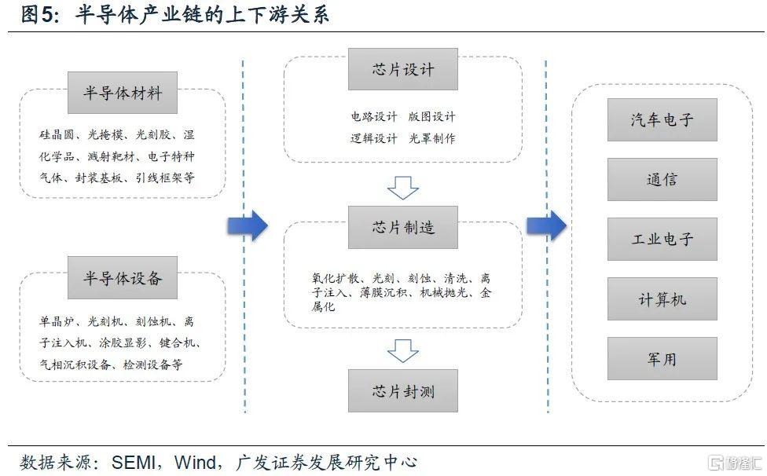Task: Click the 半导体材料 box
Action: click(x=123, y=93)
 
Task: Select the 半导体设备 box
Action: click(x=123, y=277)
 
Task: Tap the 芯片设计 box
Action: click(x=403, y=68)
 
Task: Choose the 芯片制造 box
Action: click(x=403, y=228)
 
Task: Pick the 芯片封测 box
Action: click(x=403, y=390)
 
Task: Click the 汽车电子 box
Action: click(x=662, y=119)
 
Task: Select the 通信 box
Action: click(x=662, y=179)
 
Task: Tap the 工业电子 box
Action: click(x=662, y=239)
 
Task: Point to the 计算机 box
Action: click(x=662, y=299)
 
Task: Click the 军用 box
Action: click(x=662, y=359)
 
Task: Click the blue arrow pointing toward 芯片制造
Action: click(x=248, y=226)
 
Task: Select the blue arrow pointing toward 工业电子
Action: click(x=546, y=225)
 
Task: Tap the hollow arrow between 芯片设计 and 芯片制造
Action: click(x=403, y=188)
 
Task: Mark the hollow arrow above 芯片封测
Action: click(x=403, y=350)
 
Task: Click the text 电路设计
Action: click(x=373, y=117)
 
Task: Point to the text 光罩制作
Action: click(x=431, y=138)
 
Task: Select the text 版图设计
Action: click(x=431, y=117)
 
